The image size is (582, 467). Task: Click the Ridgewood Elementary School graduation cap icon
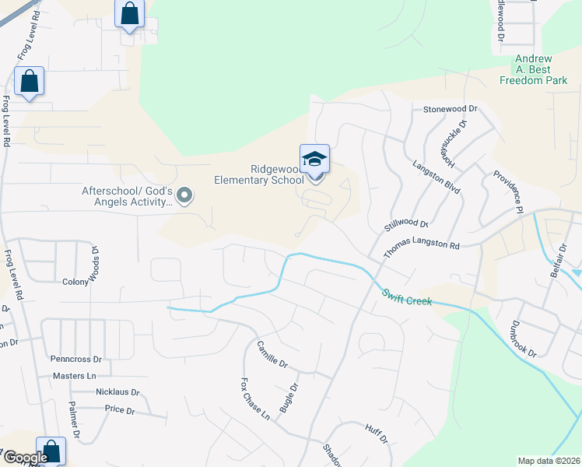(x=315, y=160)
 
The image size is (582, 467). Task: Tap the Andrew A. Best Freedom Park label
(x=534, y=69)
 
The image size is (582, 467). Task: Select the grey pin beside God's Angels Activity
(x=184, y=195)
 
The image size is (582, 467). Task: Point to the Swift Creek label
(x=405, y=297)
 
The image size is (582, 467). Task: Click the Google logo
(x=25, y=458)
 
